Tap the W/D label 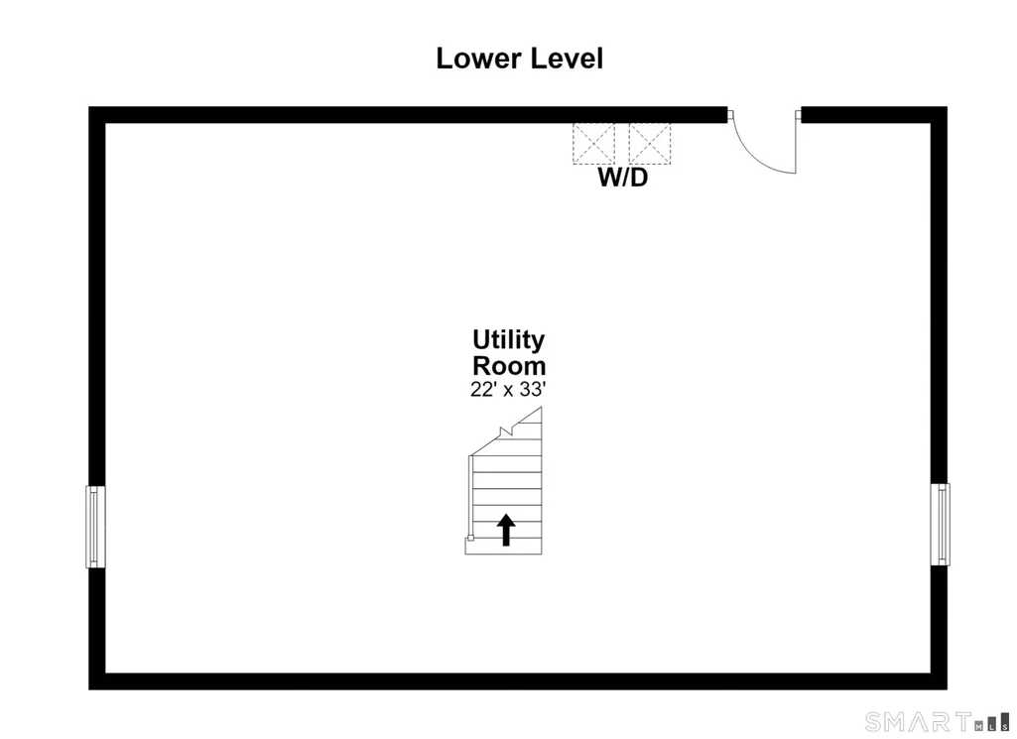[623, 177]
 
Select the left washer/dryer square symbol [593, 143]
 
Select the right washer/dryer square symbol [650, 143]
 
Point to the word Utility [508, 340]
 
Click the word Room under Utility [509, 366]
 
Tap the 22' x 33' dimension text [508, 389]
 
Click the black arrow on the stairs [506, 530]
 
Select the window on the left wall [95, 527]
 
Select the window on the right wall [940, 524]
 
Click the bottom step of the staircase [503, 547]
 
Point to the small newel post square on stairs [470, 538]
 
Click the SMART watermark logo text [919, 721]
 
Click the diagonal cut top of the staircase [506, 431]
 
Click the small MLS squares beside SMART [992, 722]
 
